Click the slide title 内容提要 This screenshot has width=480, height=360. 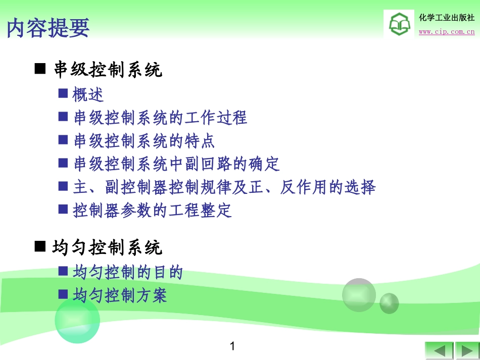pyautogui.click(x=48, y=28)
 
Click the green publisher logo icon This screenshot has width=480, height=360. pyautogui.click(x=400, y=24)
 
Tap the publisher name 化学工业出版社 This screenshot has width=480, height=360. pyautogui.click(x=447, y=18)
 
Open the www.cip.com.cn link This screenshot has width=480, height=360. pyautogui.click(x=447, y=31)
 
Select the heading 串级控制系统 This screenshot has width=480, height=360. pyautogui.click(x=108, y=70)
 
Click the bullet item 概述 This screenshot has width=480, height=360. pyautogui.click(x=88, y=94)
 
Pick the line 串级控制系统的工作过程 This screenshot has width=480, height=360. pyautogui.click(x=160, y=118)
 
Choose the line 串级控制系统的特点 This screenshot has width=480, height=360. pyautogui.click(x=144, y=141)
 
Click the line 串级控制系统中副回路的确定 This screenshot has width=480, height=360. pyautogui.click(x=176, y=164)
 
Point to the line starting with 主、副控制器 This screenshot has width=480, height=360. pyautogui.click(x=224, y=187)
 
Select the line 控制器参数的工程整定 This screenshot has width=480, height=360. pyautogui.click(x=152, y=211)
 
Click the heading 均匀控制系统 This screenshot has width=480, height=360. pyautogui.click(x=107, y=247)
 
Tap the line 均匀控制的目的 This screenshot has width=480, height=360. pyautogui.click(x=128, y=272)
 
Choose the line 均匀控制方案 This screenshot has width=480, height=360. pyautogui.click(x=120, y=295)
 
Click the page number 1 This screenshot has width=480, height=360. pyautogui.click(x=232, y=346)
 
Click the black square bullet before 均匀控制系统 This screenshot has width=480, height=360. pyautogui.click(x=40, y=246)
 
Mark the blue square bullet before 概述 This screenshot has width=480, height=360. pyautogui.click(x=63, y=93)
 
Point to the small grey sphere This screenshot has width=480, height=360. pyautogui.click(x=389, y=303)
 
